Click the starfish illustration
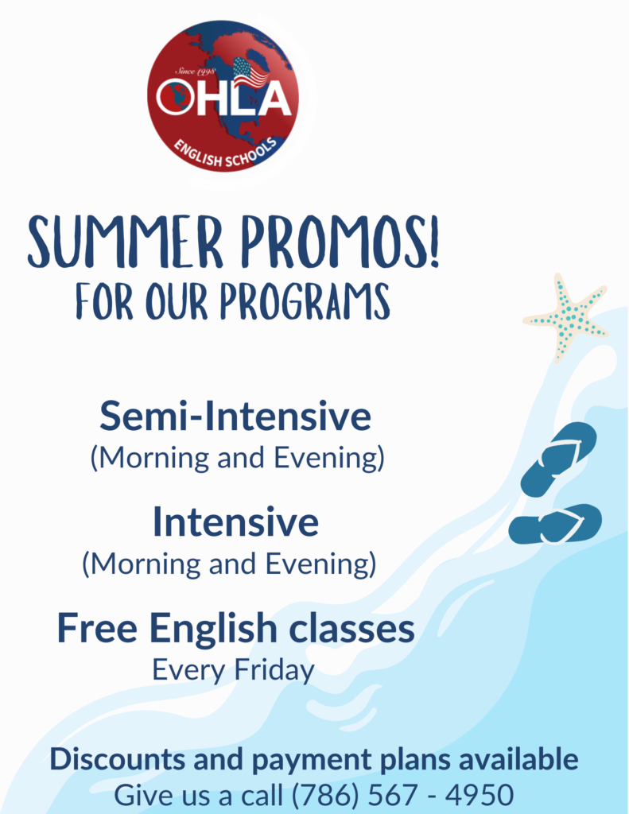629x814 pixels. (x=567, y=316)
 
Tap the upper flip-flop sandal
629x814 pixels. (x=559, y=459)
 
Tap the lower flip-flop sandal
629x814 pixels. (x=555, y=525)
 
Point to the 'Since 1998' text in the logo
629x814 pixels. (x=195, y=71)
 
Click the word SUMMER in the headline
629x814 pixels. (x=125, y=242)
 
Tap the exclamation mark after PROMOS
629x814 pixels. (x=432, y=242)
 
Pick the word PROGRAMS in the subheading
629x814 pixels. (x=305, y=301)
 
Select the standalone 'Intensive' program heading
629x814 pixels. (x=235, y=521)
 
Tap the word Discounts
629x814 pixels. (x=118, y=759)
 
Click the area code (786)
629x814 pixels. (x=325, y=795)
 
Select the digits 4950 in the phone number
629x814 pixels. (x=480, y=795)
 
